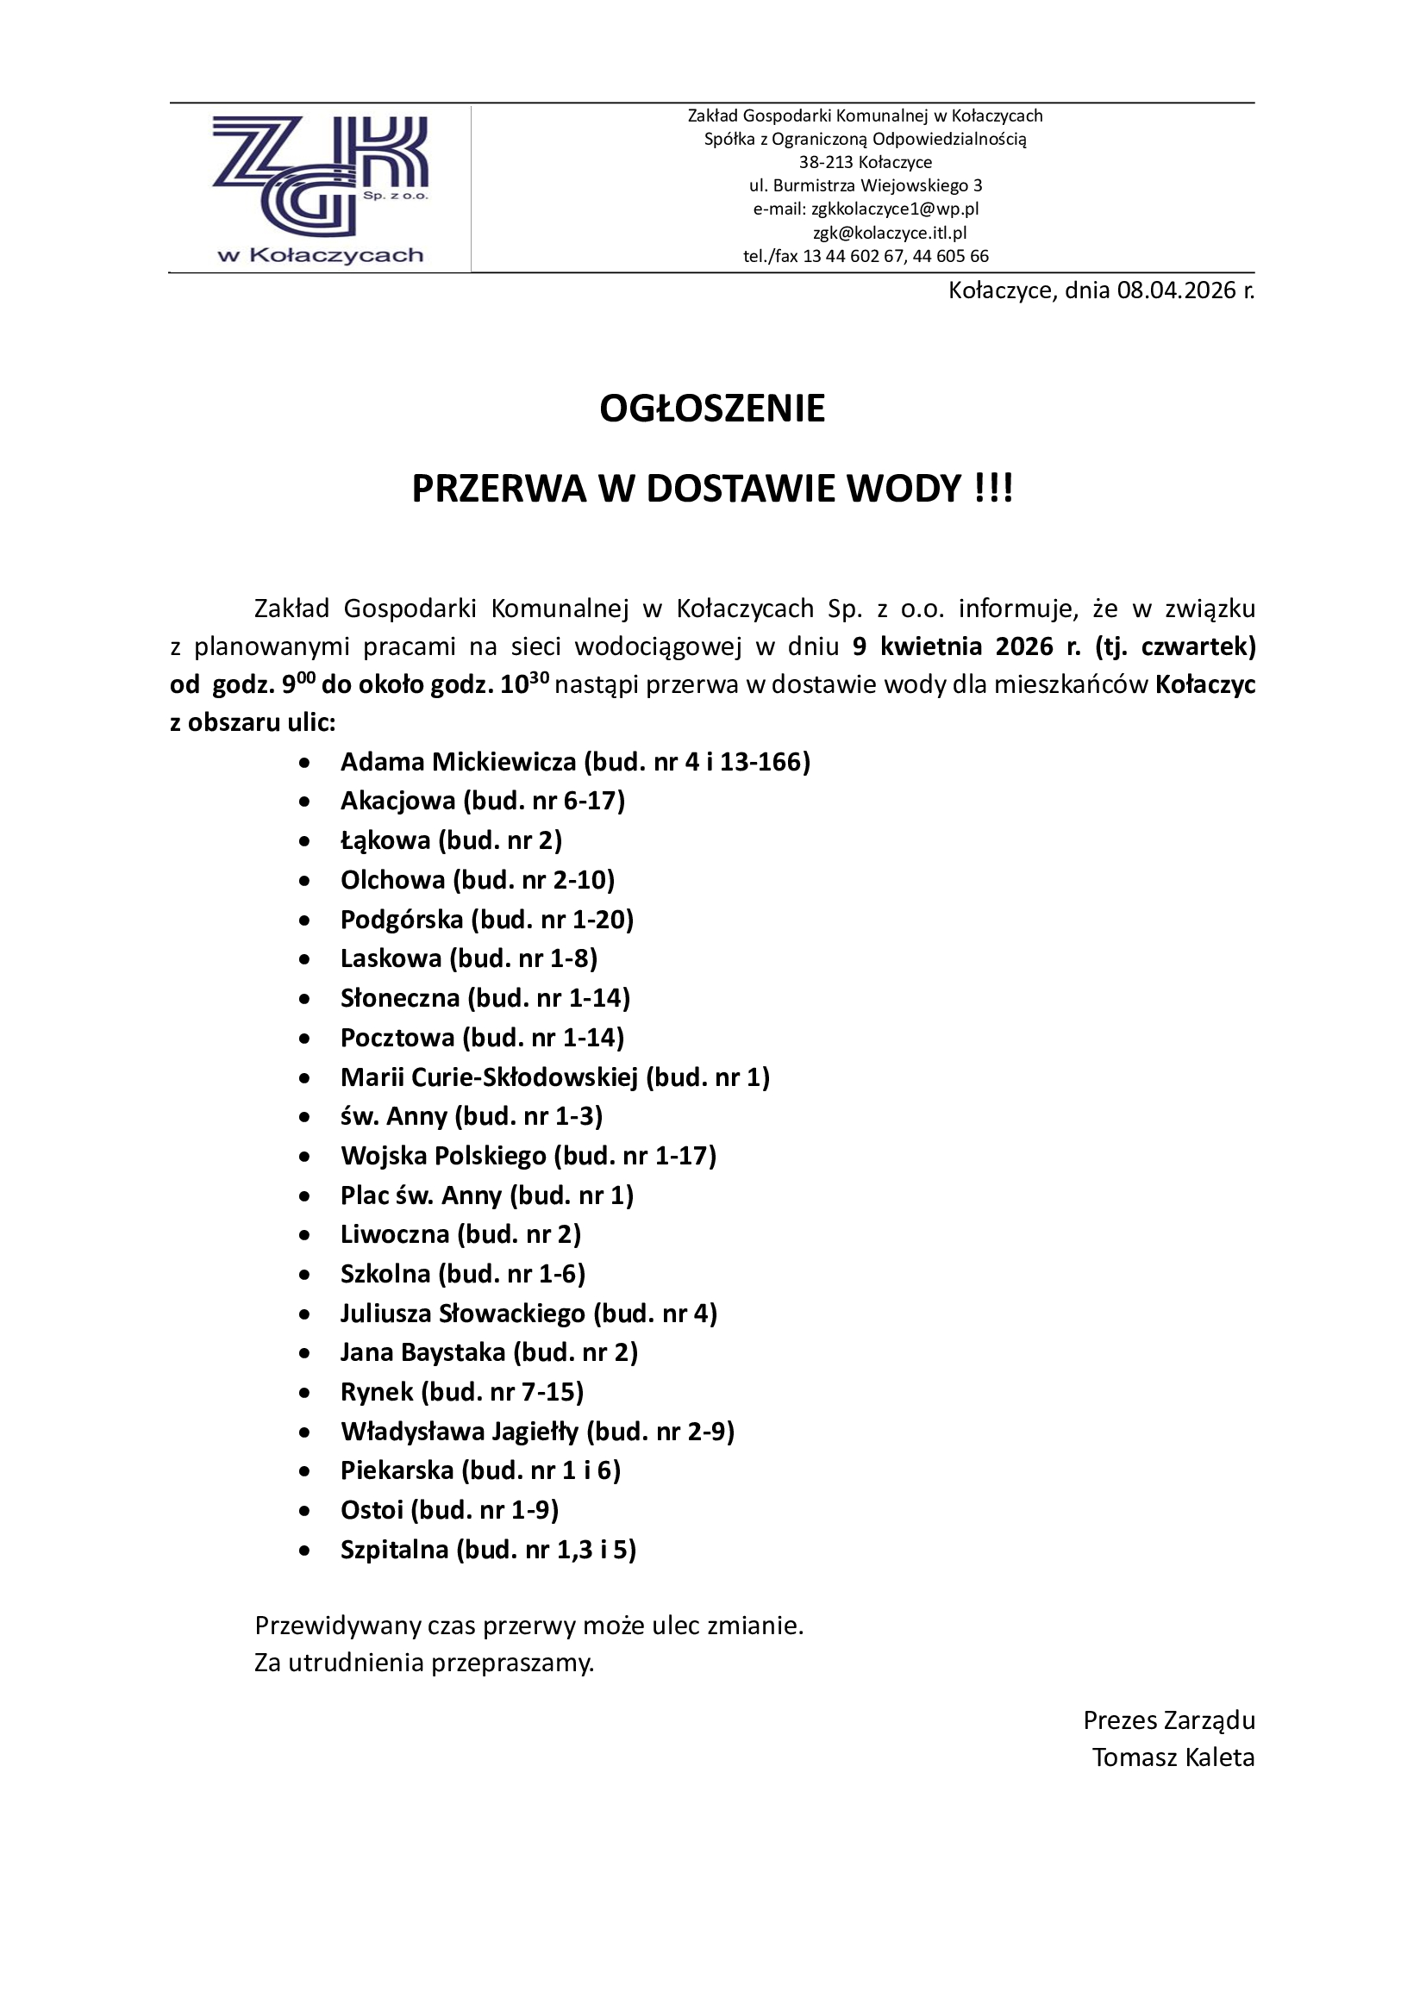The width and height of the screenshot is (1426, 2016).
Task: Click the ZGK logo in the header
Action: pyautogui.click(x=320, y=186)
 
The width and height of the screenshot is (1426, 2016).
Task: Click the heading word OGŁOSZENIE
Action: pyautogui.click(x=712, y=409)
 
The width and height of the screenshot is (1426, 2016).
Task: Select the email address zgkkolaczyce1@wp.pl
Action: pyautogui.click(x=895, y=209)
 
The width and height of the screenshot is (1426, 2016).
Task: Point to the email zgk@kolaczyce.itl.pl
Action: pyautogui.click(x=890, y=233)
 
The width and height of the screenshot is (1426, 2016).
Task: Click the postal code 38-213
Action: pyautogui.click(x=825, y=162)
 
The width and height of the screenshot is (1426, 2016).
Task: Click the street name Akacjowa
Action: pyautogui.click(x=397, y=801)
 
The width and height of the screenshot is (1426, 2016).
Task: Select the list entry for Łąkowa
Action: pyautogui.click(x=450, y=840)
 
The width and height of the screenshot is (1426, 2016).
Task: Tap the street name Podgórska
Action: pyautogui.click(x=401, y=920)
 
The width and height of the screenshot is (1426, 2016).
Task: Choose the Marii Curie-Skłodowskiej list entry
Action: pyautogui.click(x=554, y=1077)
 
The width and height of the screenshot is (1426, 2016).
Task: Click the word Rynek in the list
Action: pyautogui.click(x=377, y=1392)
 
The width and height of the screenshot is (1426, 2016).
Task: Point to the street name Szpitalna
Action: pyautogui.click(x=394, y=1550)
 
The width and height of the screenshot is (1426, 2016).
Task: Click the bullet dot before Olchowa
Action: pyautogui.click(x=304, y=881)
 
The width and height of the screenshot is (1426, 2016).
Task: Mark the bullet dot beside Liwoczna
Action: pyautogui.click(x=304, y=1235)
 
